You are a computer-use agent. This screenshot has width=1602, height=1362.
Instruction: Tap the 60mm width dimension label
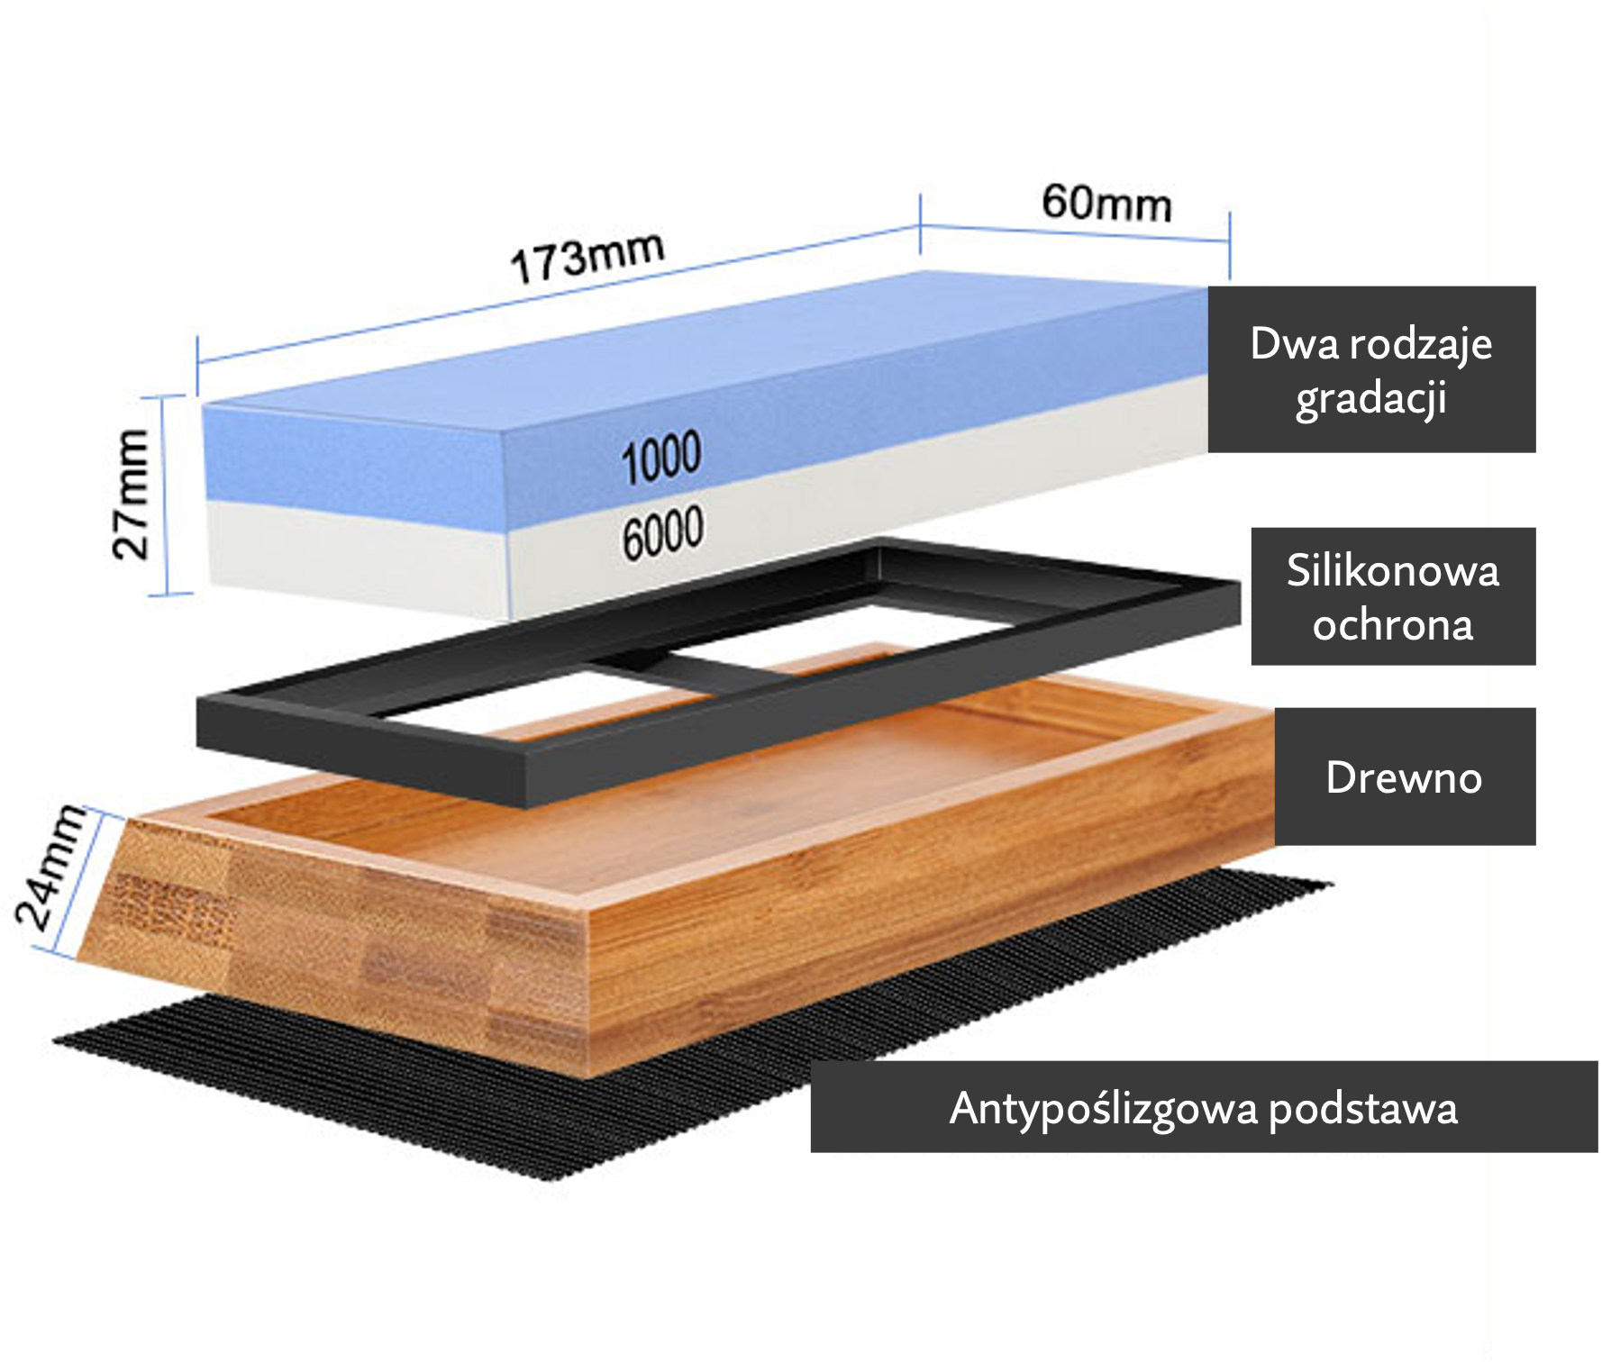tap(1107, 204)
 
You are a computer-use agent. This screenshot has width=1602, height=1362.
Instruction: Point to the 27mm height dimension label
tap(132, 495)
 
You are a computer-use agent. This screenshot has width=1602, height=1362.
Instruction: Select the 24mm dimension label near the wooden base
tap(52, 867)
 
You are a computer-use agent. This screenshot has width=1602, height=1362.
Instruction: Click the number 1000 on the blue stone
tap(661, 457)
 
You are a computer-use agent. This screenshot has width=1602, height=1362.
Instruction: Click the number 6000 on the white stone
tap(662, 533)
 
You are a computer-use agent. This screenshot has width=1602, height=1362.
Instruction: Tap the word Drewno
tap(1404, 777)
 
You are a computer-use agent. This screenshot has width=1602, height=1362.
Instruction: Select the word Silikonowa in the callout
tap(1393, 570)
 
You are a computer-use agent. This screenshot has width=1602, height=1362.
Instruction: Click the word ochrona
tap(1393, 625)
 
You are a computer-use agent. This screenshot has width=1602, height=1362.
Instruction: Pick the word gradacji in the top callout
tap(1371, 399)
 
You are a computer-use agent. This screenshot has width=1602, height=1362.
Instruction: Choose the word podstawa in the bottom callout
tap(1363, 1110)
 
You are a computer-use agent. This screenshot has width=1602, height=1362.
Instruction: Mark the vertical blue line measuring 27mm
tap(165, 495)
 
